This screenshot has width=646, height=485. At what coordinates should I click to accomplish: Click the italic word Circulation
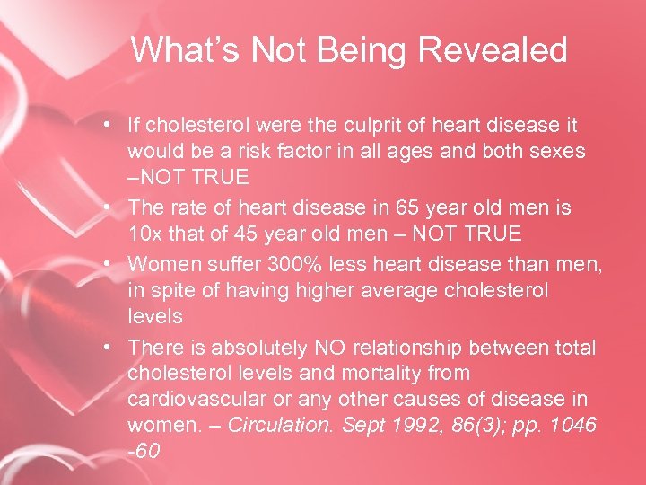(280, 426)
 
